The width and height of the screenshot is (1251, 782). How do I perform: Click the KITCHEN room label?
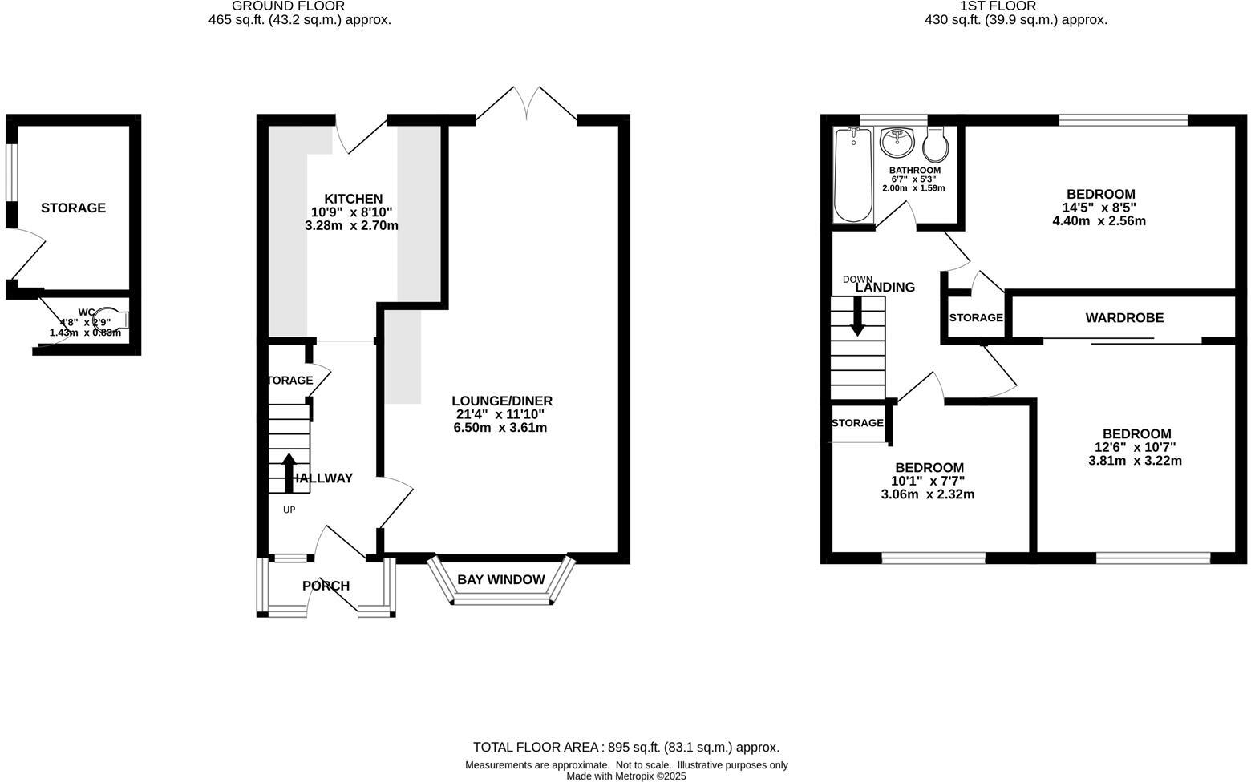point(353,199)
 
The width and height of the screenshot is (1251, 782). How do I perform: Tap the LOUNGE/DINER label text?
point(501,401)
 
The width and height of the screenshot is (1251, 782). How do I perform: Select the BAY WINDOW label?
point(501,580)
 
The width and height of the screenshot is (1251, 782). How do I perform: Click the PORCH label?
point(326,586)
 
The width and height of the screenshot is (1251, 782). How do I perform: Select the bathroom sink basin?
point(897,143)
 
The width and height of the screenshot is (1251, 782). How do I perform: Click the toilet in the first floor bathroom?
point(936,146)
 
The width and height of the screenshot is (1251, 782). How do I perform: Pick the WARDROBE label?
point(1124,318)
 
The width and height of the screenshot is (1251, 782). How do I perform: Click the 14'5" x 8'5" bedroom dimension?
point(1099,208)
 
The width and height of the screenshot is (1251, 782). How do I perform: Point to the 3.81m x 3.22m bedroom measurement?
point(1135,461)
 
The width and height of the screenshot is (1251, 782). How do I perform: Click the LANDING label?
point(885,288)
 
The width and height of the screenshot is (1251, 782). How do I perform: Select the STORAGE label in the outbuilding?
point(73,208)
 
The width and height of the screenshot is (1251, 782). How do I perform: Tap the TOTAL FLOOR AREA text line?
point(625,747)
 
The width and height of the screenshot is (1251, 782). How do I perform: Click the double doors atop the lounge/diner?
point(527,104)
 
